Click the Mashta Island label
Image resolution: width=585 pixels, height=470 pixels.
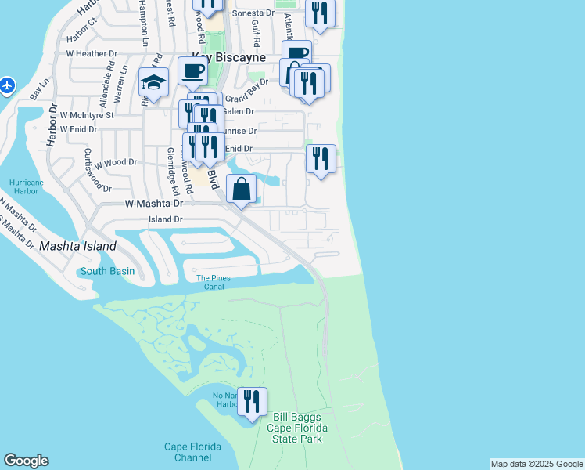tap(78, 246)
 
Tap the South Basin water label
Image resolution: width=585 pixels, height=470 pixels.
tap(106, 272)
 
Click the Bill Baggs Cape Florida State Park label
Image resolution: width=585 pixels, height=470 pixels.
tap(295, 428)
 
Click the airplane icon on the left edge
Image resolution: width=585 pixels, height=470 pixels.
tap(8, 85)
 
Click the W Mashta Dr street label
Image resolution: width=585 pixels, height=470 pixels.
tap(153, 203)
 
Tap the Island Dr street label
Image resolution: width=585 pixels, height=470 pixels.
tap(165, 220)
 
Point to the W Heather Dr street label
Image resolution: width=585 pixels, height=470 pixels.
tap(91, 54)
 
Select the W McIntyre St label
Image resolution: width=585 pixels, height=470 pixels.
tap(87, 115)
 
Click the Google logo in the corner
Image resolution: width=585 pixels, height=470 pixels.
tap(26, 461)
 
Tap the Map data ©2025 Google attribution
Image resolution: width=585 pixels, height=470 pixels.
tap(537, 464)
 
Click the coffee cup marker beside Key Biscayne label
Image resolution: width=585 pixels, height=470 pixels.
tap(192, 72)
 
